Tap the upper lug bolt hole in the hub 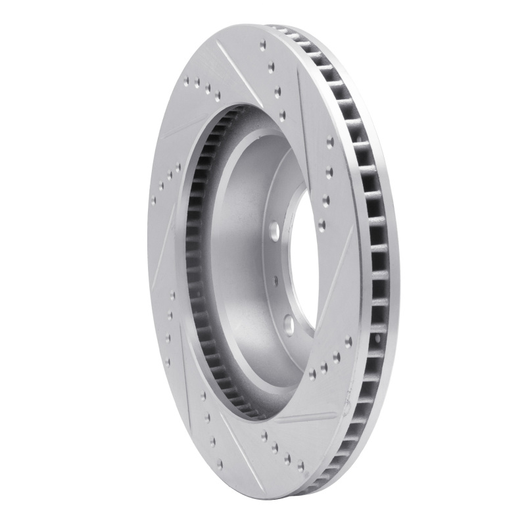[274, 231]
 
